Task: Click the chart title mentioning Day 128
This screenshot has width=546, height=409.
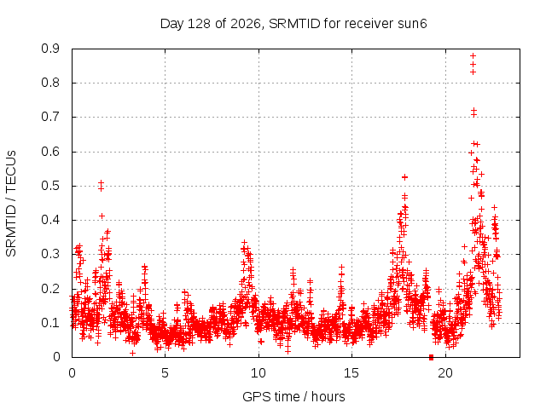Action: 293,24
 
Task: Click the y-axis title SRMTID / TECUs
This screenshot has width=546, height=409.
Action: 11,204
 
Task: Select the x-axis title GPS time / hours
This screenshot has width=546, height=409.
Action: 293,396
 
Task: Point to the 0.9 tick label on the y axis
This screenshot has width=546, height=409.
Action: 50,49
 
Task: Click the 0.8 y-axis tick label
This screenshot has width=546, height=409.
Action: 50,84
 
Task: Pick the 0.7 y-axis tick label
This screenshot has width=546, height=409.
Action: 50,118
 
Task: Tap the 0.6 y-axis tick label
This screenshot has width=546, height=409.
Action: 50,152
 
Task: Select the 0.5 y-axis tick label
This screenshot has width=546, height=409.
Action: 50,186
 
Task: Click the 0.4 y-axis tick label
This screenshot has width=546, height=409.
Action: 50,220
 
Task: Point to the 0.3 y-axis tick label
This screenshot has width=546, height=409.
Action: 50,254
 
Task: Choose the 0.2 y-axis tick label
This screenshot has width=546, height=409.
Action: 50,289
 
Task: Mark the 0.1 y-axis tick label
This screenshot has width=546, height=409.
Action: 50,323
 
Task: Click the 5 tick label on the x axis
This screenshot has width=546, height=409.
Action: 165,373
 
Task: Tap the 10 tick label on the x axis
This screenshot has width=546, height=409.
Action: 258,373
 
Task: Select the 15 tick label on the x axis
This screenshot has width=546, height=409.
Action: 351,373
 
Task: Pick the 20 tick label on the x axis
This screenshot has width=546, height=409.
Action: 445,373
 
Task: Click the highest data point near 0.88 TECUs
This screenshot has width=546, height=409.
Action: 473,55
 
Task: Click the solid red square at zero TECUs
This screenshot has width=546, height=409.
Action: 432,357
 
